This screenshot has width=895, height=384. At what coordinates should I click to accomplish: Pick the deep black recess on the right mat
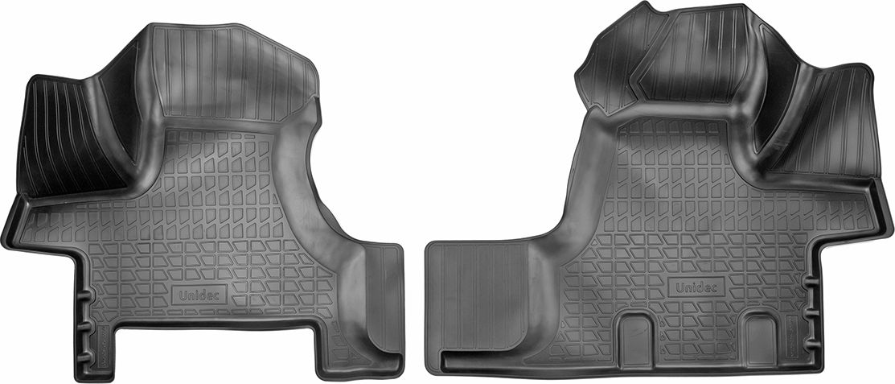point(772,113)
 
